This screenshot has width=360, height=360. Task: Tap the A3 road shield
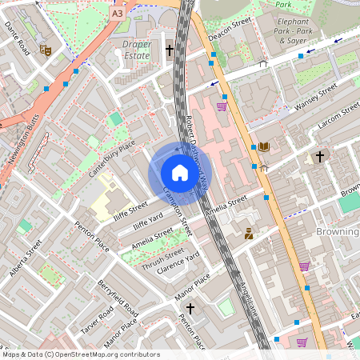(118, 14)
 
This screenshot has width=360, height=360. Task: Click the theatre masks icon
(46, 50)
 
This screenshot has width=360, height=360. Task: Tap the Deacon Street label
(230, 28)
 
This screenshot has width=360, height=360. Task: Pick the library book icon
(264, 146)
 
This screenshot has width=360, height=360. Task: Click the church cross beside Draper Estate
(169, 50)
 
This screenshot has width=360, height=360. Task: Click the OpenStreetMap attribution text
(80, 354)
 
